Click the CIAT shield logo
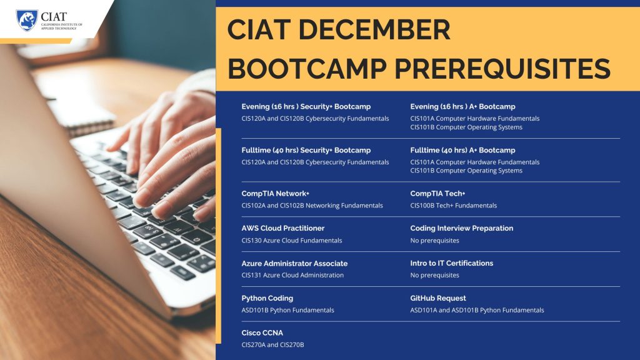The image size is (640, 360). click(27, 20)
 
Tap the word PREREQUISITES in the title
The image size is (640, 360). click(502, 68)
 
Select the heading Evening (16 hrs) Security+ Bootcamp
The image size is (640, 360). click(306, 106)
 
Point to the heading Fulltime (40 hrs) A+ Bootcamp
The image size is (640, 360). click(462, 150)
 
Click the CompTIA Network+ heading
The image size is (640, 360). click(275, 194)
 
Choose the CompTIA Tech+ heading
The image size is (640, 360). click(437, 194)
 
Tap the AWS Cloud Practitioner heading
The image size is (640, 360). click(283, 228)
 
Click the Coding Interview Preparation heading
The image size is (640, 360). click(462, 228)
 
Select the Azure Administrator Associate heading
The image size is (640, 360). click(294, 263)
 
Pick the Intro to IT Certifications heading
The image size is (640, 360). click(451, 263)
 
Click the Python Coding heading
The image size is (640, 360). click(267, 298)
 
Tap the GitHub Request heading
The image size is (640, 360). click(438, 298)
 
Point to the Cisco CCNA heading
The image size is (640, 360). click(262, 332)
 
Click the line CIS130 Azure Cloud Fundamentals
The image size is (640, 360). click(291, 241)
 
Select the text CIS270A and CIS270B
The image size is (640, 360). click(272, 345)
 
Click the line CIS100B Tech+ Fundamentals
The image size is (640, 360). click(454, 205)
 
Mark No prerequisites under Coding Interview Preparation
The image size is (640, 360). click(434, 241)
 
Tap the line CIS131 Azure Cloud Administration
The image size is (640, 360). click(292, 275)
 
